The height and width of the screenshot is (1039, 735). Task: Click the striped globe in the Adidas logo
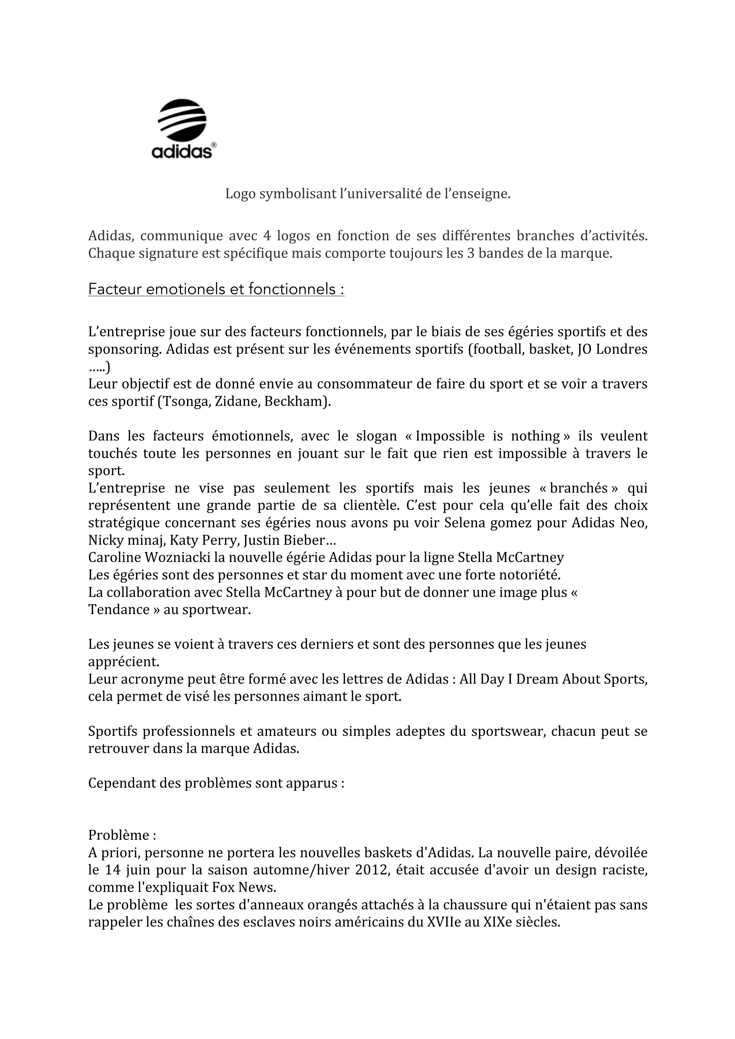[x=182, y=119]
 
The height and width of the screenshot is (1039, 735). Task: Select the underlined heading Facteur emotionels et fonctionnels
[x=216, y=289]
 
